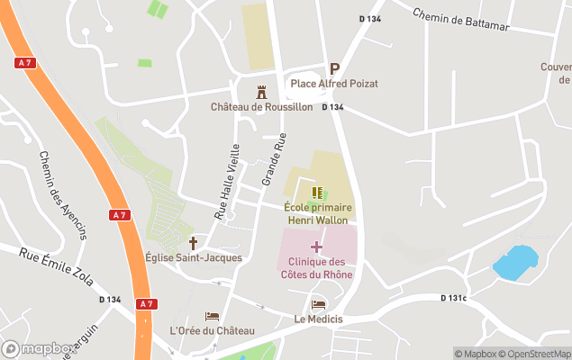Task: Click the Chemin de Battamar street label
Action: [x=460, y=21]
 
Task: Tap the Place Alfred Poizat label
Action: [x=333, y=84]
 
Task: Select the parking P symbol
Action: [x=334, y=68]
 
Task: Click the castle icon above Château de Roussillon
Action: [x=262, y=92]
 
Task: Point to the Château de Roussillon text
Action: [x=261, y=107]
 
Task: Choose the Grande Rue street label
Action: [x=273, y=159]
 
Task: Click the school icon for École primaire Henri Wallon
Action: [x=317, y=193]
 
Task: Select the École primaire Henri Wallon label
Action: [x=317, y=213]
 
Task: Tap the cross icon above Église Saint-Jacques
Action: [x=193, y=243]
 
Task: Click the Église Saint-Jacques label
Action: [x=193, y=258]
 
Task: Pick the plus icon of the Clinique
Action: [x=316, y=246]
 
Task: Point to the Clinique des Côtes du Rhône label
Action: [x=316, y=267]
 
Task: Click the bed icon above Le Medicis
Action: [x=318, y=305]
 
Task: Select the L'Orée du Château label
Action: [x=213, y=330]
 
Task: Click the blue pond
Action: [x=515, y=261]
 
